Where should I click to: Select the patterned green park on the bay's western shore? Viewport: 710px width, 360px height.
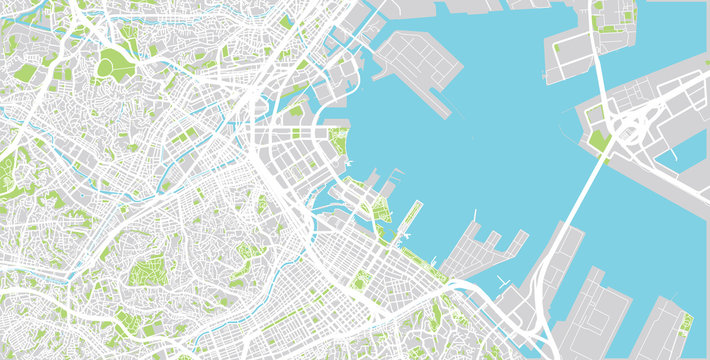click(339, 143)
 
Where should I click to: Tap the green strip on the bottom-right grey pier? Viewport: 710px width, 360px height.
click(686, 325)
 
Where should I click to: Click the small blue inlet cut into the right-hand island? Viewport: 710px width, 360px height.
click(690, 150)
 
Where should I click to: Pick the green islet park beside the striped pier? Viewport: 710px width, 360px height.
click(381, 210)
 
